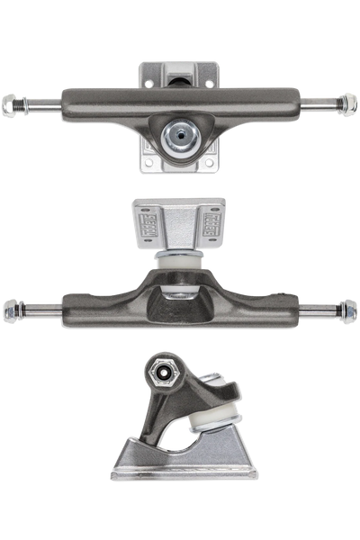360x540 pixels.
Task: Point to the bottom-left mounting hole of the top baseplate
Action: [147, 163]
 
